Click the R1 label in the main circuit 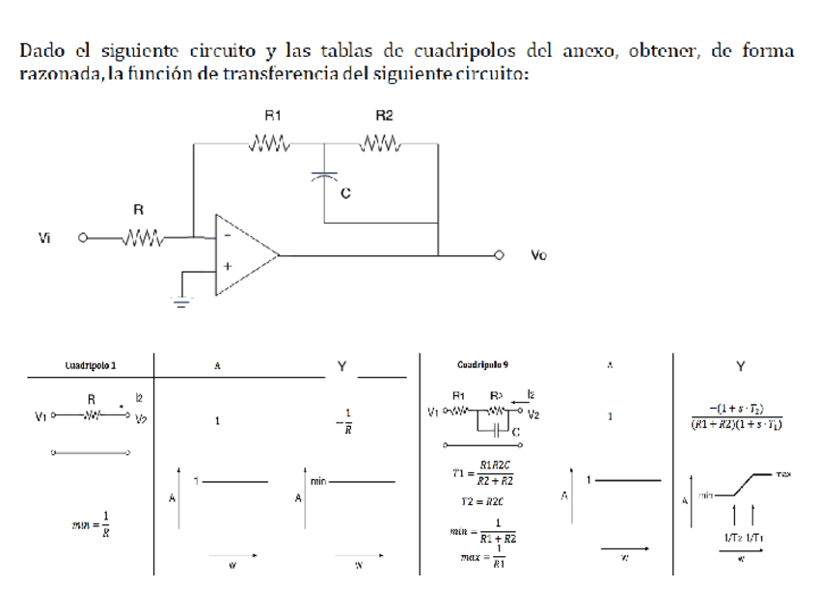click(273, 115)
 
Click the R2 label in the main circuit click(384, 115)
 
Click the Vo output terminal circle click(501, 255)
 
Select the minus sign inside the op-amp click(227, 235)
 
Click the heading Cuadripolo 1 click(94, 366)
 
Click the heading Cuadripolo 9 click(482, 366)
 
